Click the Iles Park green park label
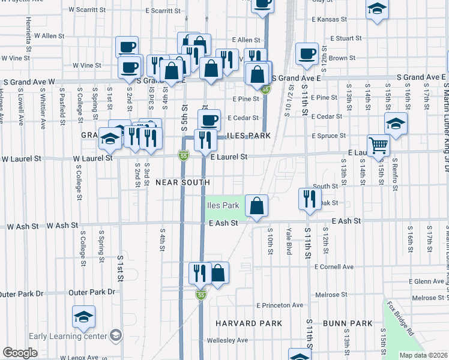pyautogui.click(x=223, y=205)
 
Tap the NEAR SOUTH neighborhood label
pyautogui.click(x=182, y=182)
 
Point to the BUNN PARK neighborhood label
pyautogui.click(x=348, y=323)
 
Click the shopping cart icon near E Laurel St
pyautogui.click(x=378, y=145)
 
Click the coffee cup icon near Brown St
pyautogui.click(x=307, y=53)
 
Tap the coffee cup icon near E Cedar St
pyautogui.click(x=209, y=119)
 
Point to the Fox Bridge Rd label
pyautogui.click(x=400, y=319)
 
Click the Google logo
pyautogui.click(x=20, y=352)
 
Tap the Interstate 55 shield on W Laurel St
pyautogui.click(x=182, y=157)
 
